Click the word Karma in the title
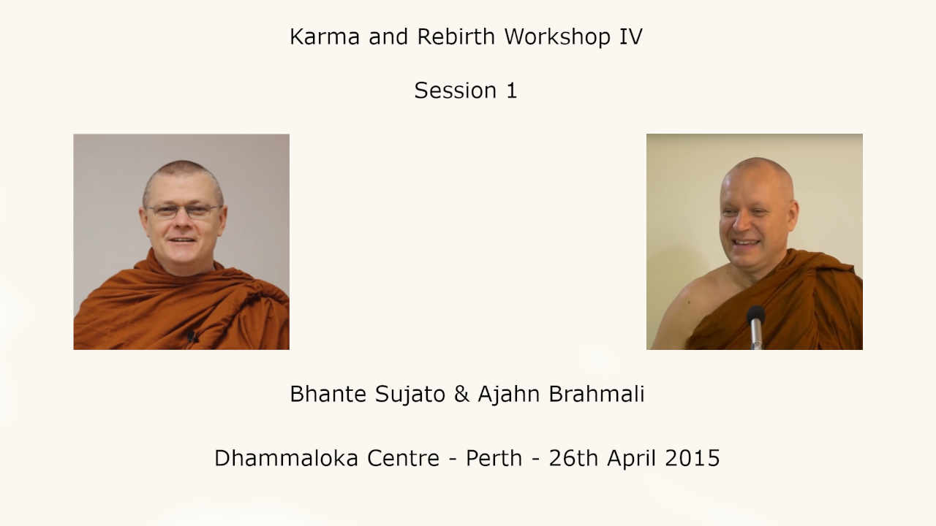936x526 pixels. pyautogui.click(x=325, y=37)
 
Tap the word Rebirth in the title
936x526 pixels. pyautogui.click(x=456, y=37)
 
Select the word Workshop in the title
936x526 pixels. pyautogui.click(x=557, y=37)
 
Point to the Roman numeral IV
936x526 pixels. pyautogui.click(x=630, y=37)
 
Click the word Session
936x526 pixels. pyautogui.click(x=455, y=90)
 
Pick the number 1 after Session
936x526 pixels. pyautogui.click(x=512, y=91)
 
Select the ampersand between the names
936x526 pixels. pyautogui.click(x=461, y=394)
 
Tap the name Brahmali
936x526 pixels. pyautogui.click(x=596, y=394)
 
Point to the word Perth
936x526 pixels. pyautogui.click(x=494, y=458)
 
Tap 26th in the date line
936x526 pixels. pyautogui.click(x=573, y=458)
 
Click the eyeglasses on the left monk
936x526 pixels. pyautogui.click(x=183, y=211)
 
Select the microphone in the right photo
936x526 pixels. pyautogui.click(x=756, y=327)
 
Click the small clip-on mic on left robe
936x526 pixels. pyautogui.click(x=192, y=336)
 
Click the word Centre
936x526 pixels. pyautogui.click(x=403, y=458)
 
